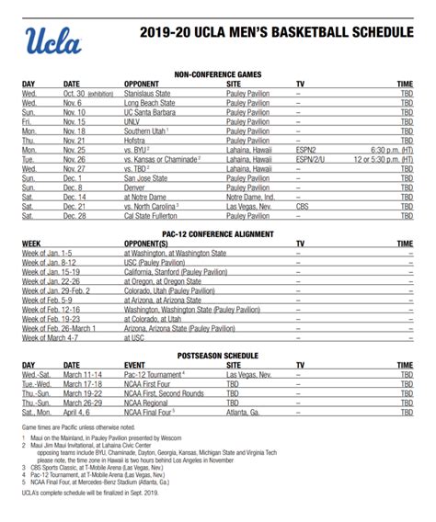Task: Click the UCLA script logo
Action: coord(53,40)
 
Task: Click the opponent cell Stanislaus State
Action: coord(152,94)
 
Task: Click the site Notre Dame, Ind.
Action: coord(250,196)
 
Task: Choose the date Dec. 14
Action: coord(75,196)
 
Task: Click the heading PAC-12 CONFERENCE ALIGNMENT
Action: coord(217,234)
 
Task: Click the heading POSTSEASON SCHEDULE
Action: coord(217,355)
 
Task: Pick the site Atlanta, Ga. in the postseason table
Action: coord(247,414)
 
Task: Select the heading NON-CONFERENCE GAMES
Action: coord(217,74)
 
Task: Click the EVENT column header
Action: coord(135,365)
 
